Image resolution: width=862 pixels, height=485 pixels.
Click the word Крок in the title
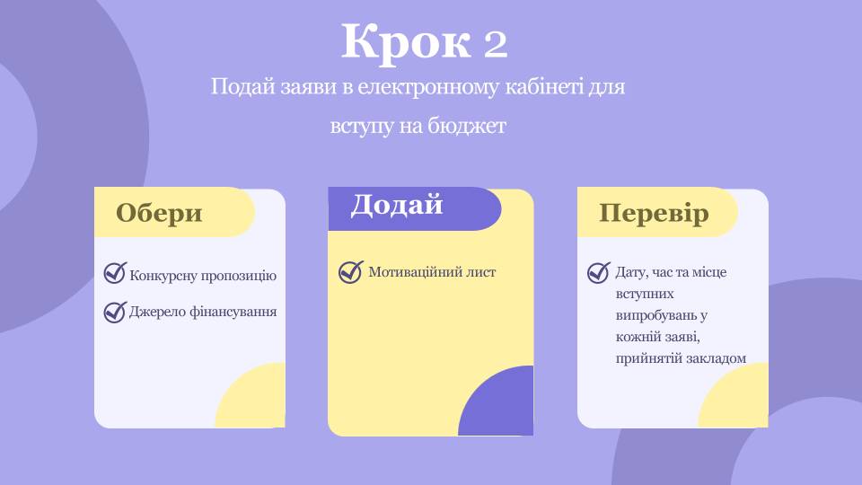click(x=406, y=42)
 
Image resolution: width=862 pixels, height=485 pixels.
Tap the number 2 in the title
click(x=496, y=44)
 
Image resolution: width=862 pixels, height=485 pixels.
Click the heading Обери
click(x=159, y=214)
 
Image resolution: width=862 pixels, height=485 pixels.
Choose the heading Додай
click(x=396, y=205)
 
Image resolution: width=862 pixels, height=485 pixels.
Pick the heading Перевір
click(x=654, y=214)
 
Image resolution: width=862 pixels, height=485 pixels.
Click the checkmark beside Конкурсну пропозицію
click(x=115, y=273)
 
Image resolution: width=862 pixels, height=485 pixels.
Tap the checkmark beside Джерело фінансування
click(x=115, y=312)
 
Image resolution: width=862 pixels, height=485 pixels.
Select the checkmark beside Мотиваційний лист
click(x=351, y=271)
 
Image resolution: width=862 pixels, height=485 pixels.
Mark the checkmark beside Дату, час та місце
click(x=599, y=272)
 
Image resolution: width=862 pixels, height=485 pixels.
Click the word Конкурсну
click(x=163, y=276)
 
